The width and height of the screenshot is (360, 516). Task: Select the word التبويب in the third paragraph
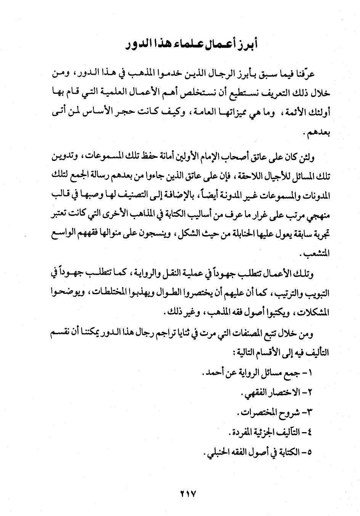(x=317, y=293)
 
